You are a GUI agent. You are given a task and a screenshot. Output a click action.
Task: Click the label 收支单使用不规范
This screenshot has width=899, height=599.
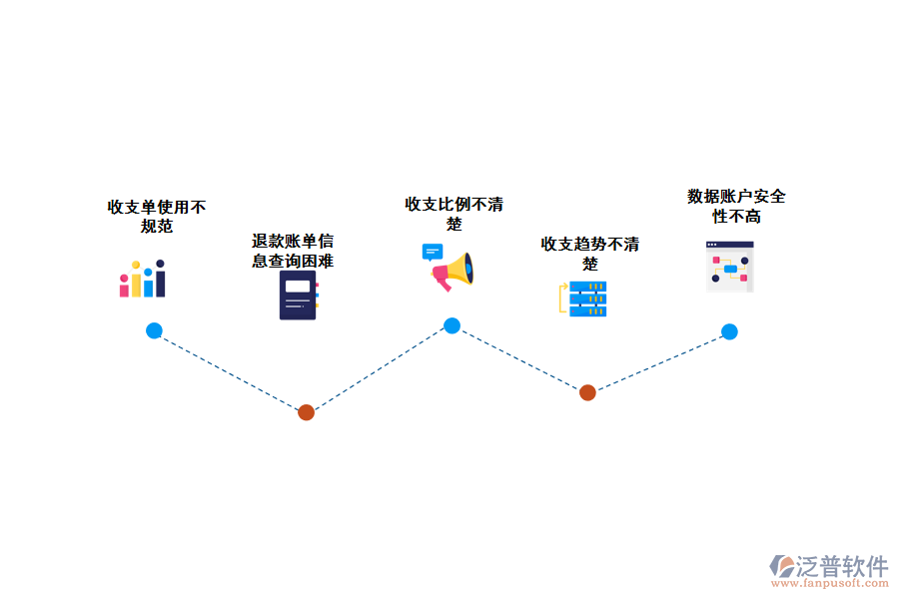point(157,217)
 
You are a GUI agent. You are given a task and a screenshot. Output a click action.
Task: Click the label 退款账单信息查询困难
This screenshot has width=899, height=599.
point(293,252)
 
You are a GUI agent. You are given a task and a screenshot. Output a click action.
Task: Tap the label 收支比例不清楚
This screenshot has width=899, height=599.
point(453,214)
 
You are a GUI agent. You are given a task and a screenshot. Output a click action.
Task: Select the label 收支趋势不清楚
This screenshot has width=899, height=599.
point(590,254)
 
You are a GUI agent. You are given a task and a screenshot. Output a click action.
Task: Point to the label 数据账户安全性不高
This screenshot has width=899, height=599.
point(736,206)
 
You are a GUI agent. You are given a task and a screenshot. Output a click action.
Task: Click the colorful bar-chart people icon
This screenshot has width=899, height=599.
point(142,280)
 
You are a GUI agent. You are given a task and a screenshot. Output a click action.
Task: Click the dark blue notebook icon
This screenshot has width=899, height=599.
point(298,296)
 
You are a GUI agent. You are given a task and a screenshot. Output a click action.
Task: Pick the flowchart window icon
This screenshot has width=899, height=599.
point(730,267)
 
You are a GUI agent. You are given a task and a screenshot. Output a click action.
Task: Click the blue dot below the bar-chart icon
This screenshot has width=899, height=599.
point(154,330)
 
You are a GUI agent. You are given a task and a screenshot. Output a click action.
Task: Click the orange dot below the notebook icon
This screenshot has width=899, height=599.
point(307,412)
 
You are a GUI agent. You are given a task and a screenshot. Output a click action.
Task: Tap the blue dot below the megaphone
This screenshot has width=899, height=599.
point(451,325)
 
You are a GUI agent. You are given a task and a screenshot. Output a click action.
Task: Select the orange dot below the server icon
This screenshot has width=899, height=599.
point(587,392)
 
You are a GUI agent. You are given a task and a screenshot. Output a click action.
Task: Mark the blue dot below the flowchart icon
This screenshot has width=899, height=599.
point(729,331)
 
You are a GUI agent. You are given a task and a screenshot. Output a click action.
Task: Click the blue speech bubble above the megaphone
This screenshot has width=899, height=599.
point(432,252)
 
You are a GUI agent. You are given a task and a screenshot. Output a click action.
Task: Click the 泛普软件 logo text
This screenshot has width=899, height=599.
point(841,566)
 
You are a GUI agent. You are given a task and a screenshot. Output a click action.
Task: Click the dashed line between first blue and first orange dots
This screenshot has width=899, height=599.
point(230,371)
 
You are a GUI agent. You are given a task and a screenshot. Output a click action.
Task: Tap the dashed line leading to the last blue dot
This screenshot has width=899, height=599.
point(659,361)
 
